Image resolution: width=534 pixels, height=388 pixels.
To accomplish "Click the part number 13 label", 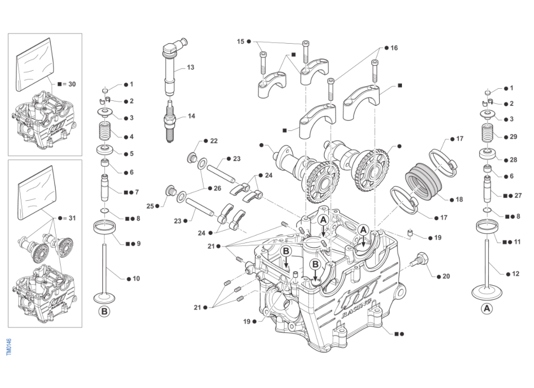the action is tap(191, 67).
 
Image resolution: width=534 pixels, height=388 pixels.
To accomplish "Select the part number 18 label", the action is tap(459, 199).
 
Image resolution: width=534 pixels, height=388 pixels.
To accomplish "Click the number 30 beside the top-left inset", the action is tap(72, 84).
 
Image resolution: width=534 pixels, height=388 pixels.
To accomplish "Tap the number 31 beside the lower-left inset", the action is tap(72, 218).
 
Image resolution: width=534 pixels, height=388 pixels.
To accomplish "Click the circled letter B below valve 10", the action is tap(104, 311).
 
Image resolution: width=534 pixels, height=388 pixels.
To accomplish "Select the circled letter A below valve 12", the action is tap(487, 308).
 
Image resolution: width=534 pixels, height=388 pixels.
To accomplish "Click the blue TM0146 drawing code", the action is tap(9, 347).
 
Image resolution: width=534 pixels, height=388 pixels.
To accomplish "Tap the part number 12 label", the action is tap(516, 274).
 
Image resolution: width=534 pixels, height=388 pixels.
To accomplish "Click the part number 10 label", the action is tap(136, 279).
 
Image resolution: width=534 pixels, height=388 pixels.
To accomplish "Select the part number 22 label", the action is tap(214, 141).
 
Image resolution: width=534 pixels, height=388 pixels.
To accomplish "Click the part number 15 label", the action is tap(241, 42).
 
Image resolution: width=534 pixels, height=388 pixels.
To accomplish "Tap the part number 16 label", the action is tap(394, 48).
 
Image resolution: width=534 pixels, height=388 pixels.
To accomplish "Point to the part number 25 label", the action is tap(150, 206).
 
